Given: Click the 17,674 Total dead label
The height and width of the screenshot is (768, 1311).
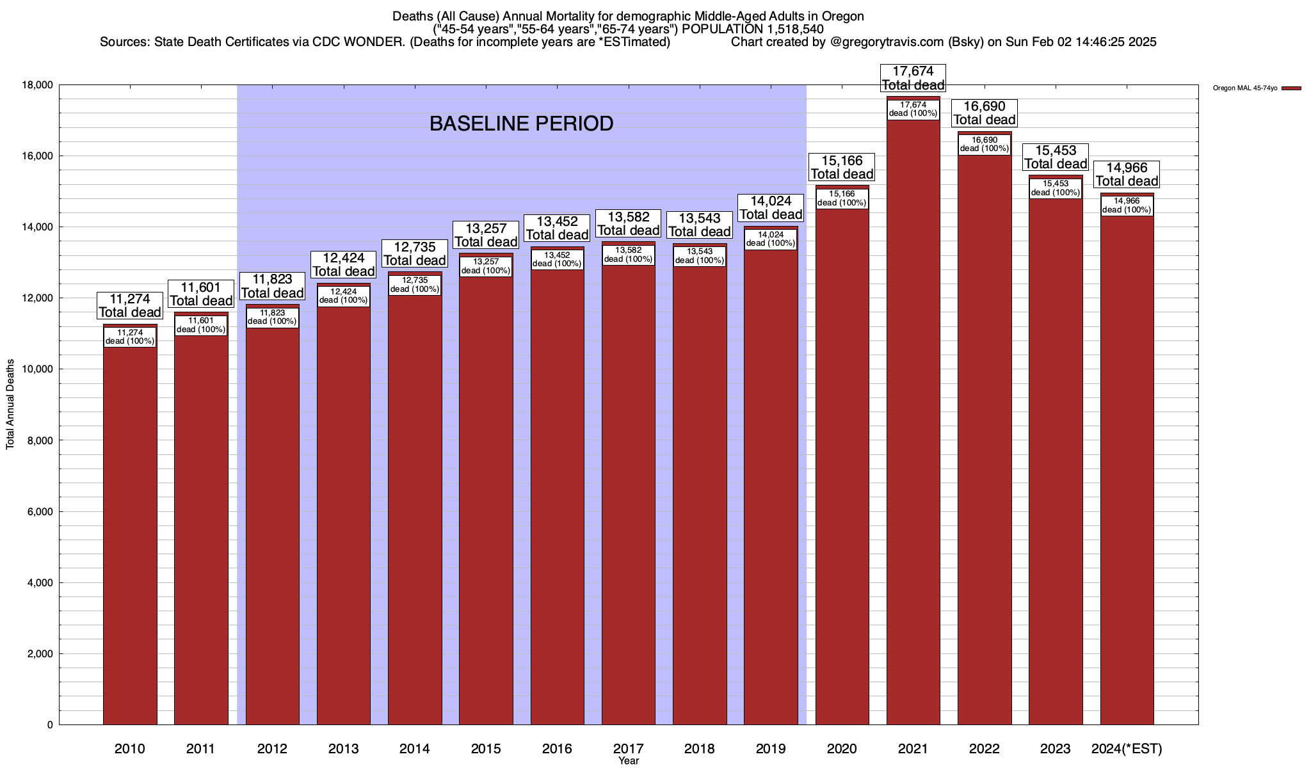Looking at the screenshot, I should pyautogui.click(x=913, y=78).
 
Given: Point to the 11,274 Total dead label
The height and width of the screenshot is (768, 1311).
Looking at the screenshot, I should pyautogui.click(x=130, y=305).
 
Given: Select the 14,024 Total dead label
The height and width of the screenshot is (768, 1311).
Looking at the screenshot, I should pyautogui.click(x=771, y=208).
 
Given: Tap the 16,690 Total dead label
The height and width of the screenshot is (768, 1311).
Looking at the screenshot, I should pyautogui.click(x=985, y=113).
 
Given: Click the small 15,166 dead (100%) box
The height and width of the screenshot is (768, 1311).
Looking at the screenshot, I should pyautogui.click(x=842, y=198).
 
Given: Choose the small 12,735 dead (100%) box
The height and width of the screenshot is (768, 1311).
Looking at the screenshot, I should pyautogui.click(x=415, y=285).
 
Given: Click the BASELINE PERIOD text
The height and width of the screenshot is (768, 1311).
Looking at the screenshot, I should pyautogui.click(x=521, y=124).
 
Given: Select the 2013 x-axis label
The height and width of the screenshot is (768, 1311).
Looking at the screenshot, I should pyautogui.click(x=343, y=749).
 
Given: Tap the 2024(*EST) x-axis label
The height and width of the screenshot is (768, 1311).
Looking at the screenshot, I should pyautogui.click(x=1127, y=749).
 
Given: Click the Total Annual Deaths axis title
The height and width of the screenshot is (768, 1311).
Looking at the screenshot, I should pyautogui.click(x=10, y=404).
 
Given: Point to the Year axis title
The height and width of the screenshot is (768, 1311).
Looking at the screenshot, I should pyautogui.click(x=629, y=761).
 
